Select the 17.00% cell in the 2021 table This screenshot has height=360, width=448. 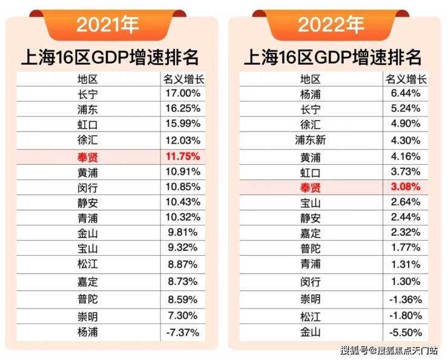coord(182,94)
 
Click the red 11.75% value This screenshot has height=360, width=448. coord(182,156)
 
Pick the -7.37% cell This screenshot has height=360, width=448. coord(182,332)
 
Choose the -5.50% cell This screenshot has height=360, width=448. coord(406,332)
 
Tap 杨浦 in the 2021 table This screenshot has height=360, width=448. coord(88,332)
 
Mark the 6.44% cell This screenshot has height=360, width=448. coord(406,94)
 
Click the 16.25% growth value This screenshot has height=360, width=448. coord(182,110)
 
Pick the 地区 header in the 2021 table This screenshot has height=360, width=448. coord(88,79)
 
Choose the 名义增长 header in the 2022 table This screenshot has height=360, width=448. coord(406,79)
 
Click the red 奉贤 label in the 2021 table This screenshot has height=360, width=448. coord(88,156)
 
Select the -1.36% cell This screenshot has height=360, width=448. coord(406,301)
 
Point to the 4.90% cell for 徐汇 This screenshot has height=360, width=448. coord(406,125)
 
